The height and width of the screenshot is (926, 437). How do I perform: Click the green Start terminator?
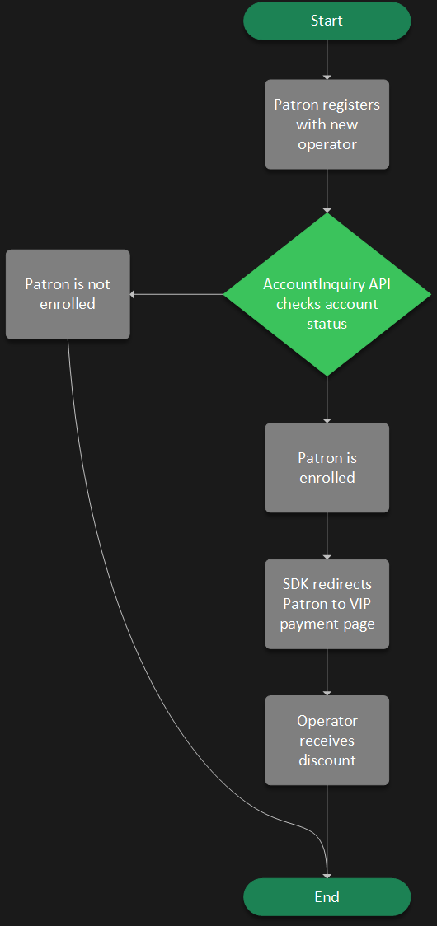point(327,21)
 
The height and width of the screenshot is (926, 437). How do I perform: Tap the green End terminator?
point(327,896)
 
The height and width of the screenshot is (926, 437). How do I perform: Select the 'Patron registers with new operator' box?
point(327,124)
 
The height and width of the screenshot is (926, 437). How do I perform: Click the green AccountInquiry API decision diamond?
point(327,294)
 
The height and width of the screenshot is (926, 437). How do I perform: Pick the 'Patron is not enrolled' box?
point(68,294)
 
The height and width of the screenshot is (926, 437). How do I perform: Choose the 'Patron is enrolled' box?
point(327,467)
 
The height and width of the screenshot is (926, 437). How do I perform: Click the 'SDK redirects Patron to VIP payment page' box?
point(327,604)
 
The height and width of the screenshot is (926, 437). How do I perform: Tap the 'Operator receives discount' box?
point(327,740)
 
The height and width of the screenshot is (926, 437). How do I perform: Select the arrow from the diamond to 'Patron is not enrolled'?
point(176,294)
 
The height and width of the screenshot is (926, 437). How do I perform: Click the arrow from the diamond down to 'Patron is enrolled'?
point(327,399)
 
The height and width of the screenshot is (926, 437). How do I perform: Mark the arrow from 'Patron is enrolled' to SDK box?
point(327,535)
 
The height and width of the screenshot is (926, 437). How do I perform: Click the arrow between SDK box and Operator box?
point(327,671)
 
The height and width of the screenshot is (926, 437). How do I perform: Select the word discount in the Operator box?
point(327,760)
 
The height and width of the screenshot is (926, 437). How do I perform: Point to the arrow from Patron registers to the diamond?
point(327,190)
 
